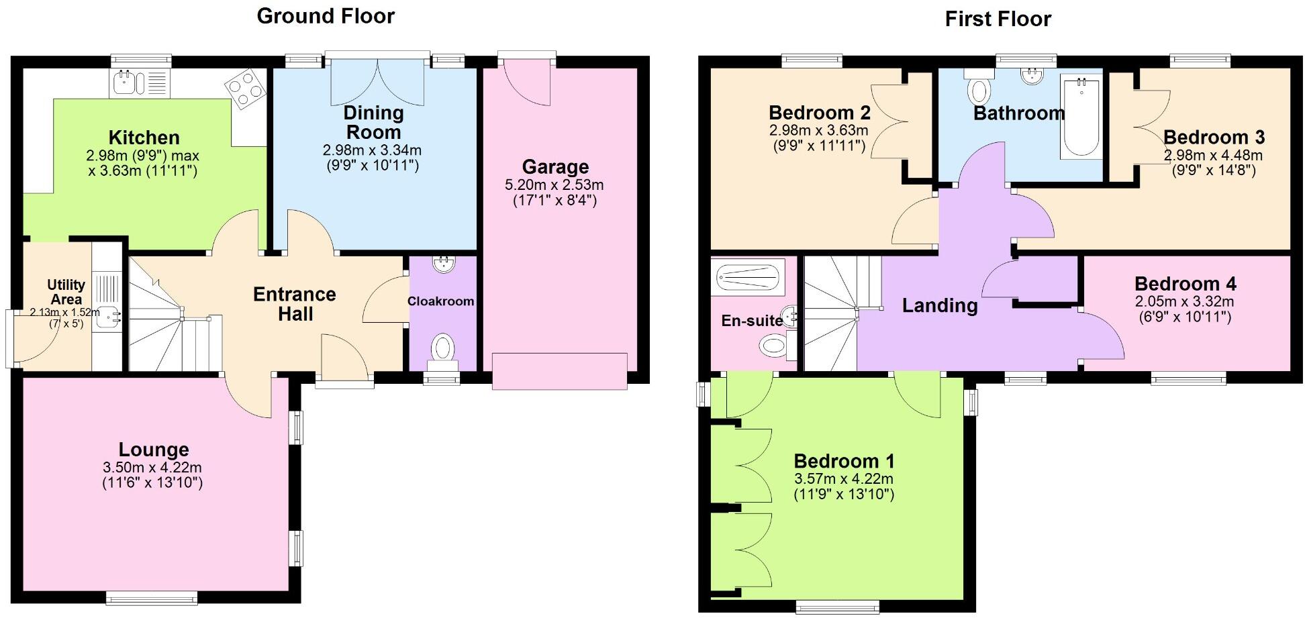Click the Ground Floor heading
tap(326, 16)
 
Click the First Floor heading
tap(998, 19)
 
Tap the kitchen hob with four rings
tap(244, 89)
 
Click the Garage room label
tap(555, 166)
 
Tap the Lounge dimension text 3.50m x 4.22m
tap(152, 468)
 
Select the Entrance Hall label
tap(294, 303)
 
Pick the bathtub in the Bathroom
tap(1081, 117)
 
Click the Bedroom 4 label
tap(1185, 283)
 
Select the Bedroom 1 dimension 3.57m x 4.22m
tap(843, 479)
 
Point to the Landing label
tap(939, 306)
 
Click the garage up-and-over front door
tap(559, 371)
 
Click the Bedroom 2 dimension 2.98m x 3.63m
tap(818, 130)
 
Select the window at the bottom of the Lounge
tap(152, 597)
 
